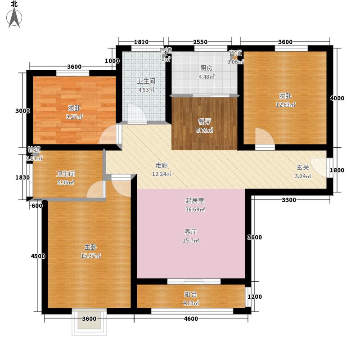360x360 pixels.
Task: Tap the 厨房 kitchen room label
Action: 206,68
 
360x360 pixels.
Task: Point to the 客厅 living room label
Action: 191,232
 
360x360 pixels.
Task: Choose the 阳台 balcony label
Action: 190,294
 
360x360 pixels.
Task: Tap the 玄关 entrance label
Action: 302,167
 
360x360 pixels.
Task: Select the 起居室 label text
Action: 191,201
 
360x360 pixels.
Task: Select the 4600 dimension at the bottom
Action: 190,319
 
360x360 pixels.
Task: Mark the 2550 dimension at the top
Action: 200,42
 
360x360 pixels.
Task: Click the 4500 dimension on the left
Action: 38,256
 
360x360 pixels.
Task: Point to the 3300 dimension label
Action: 289,200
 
